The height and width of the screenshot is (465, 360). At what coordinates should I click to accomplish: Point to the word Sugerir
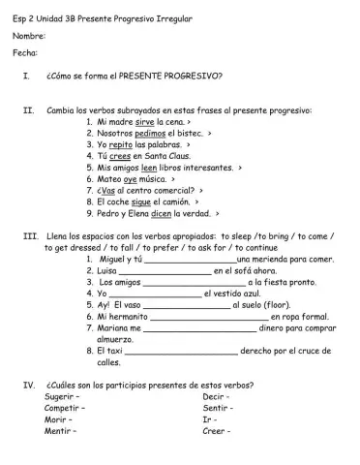coord(62,398)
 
